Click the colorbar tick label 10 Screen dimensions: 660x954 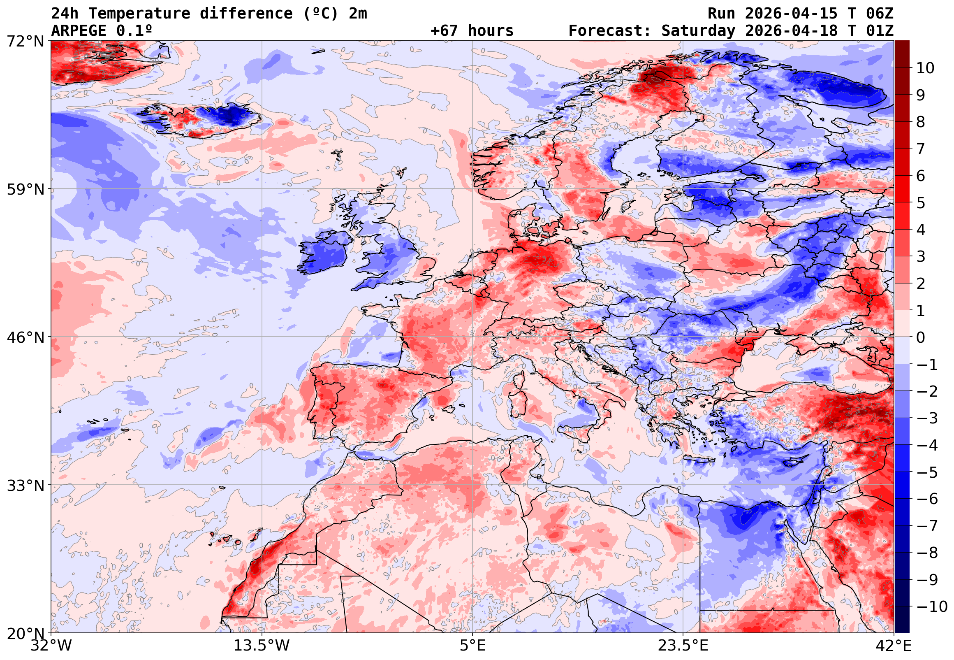pyautogui.click(x=925, y=68)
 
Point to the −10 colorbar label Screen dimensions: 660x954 pyautogui.click(x=932, y=607)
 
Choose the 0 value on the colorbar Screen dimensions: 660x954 pyautogui.click(x=921, y=337)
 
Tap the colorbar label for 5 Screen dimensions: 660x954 pyautogui.click(x=921, y=203)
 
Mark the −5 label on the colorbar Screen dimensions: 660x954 pyautogui.click(x=927, y=472)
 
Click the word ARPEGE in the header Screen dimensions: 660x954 pyautogui.click(x=79, y=30)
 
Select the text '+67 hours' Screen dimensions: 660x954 pyautogui.click(x=472, y=30)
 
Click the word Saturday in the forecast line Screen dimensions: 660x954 pyautogui.click(x=698, y=30)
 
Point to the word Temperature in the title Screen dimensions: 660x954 pyautogui.click(x=139, y=14)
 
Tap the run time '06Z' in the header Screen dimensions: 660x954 pyautogui.click(x=880, y=14)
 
